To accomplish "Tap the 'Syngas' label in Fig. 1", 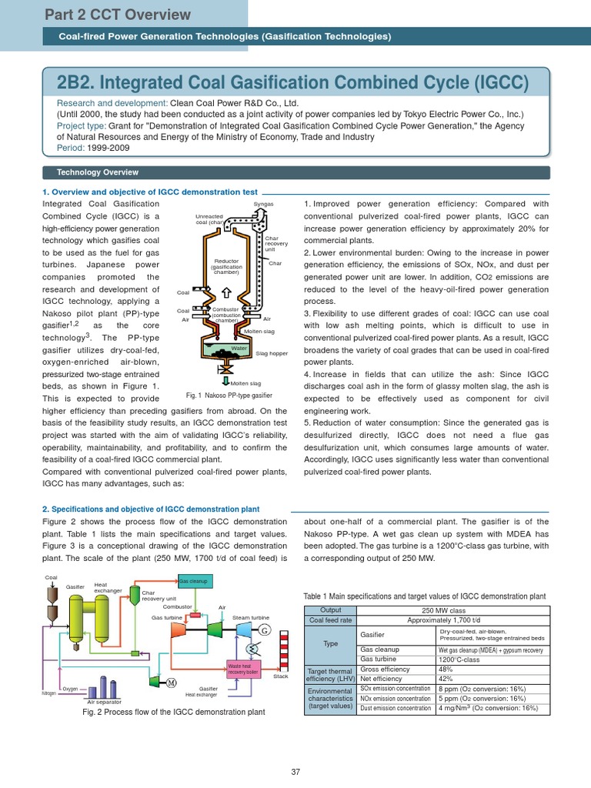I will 263,204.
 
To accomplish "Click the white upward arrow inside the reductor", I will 226,292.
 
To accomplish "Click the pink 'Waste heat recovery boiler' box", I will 243,666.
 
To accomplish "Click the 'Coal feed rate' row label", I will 330,620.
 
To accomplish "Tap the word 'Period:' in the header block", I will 72,148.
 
